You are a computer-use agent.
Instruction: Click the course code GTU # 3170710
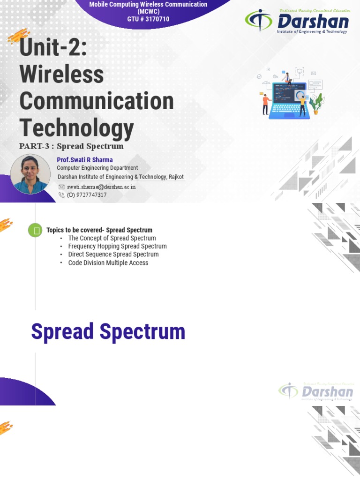[148, 19]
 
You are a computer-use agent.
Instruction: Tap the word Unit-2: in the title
[53, 48]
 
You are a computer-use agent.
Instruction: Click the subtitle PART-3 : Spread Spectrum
[71, 146]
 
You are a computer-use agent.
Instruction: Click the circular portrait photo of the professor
[30, 174]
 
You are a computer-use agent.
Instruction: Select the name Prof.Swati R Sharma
[85, 160]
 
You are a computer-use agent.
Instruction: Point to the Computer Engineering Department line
[97, 168]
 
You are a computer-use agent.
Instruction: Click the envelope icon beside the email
[61, 187]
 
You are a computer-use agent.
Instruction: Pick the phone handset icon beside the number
[61, 195]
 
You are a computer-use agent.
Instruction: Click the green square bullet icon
[35, 230]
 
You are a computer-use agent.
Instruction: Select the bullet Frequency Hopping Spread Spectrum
[117, 246]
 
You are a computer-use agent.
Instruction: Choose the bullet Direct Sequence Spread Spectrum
[113, 255]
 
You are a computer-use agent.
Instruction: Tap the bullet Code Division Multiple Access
[108, 263]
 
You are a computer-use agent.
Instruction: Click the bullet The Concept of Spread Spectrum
[112, 238]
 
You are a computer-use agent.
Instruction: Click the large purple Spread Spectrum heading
[108, 332]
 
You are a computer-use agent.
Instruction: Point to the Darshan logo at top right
[297, 22]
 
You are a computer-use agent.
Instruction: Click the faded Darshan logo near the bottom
[316, 391]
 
